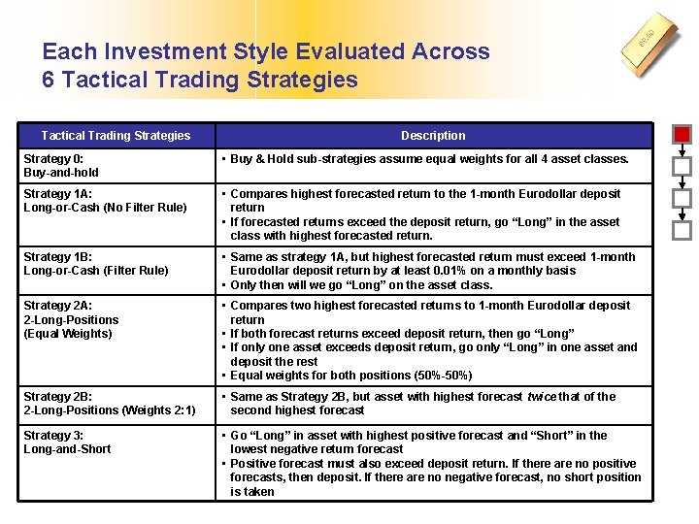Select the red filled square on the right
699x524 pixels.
click(x=682, y=135)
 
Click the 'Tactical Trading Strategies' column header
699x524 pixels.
click(x=116, y=136)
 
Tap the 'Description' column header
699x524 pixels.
click(x=433, y=136)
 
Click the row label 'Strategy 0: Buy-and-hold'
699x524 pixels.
click(x=61, y=166)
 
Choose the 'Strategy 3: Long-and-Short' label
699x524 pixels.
click(x=67, y=442)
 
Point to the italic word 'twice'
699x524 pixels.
click(x=540, y=396)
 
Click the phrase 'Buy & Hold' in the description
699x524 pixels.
click(x=262, y=159)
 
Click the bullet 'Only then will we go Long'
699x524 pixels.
click(x=361, y=285)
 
